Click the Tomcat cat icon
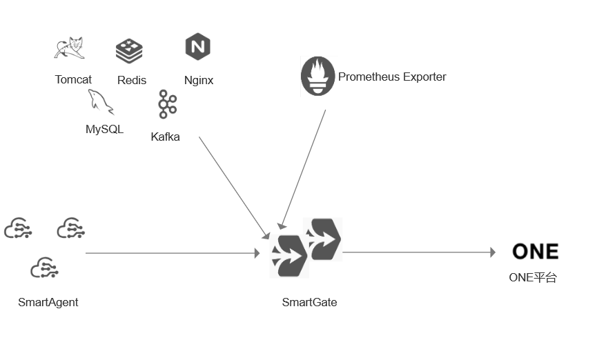[69, 48]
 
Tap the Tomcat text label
[73, 80]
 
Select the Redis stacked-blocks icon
[129, 50]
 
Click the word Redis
[132, 81]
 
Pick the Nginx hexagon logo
[197, 47]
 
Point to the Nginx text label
[199, 80]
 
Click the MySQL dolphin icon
[100, 102]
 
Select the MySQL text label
[104, 129]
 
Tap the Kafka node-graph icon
[166, 104]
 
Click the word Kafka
[165, 137]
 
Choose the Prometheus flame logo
[317, 76]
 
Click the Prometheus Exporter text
[392, 77]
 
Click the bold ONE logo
[535, 252]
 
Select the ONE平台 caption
[533, 278]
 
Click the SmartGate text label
[309, 302]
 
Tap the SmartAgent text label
[48, 302]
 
